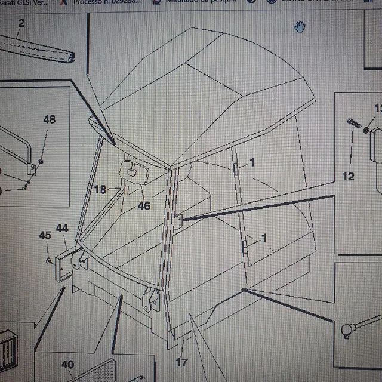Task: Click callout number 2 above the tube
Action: (21, 24)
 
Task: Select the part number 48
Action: (49, 119)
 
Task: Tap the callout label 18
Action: (100, 190)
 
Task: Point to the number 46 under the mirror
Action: (144, 207)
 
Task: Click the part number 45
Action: (45, 235)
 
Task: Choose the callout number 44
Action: (62, 229)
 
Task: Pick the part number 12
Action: (349, 176)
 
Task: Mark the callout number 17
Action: (182, 361)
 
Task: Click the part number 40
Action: (67, 365)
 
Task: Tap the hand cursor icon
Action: (299, 26)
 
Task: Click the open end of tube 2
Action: (73, 57)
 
